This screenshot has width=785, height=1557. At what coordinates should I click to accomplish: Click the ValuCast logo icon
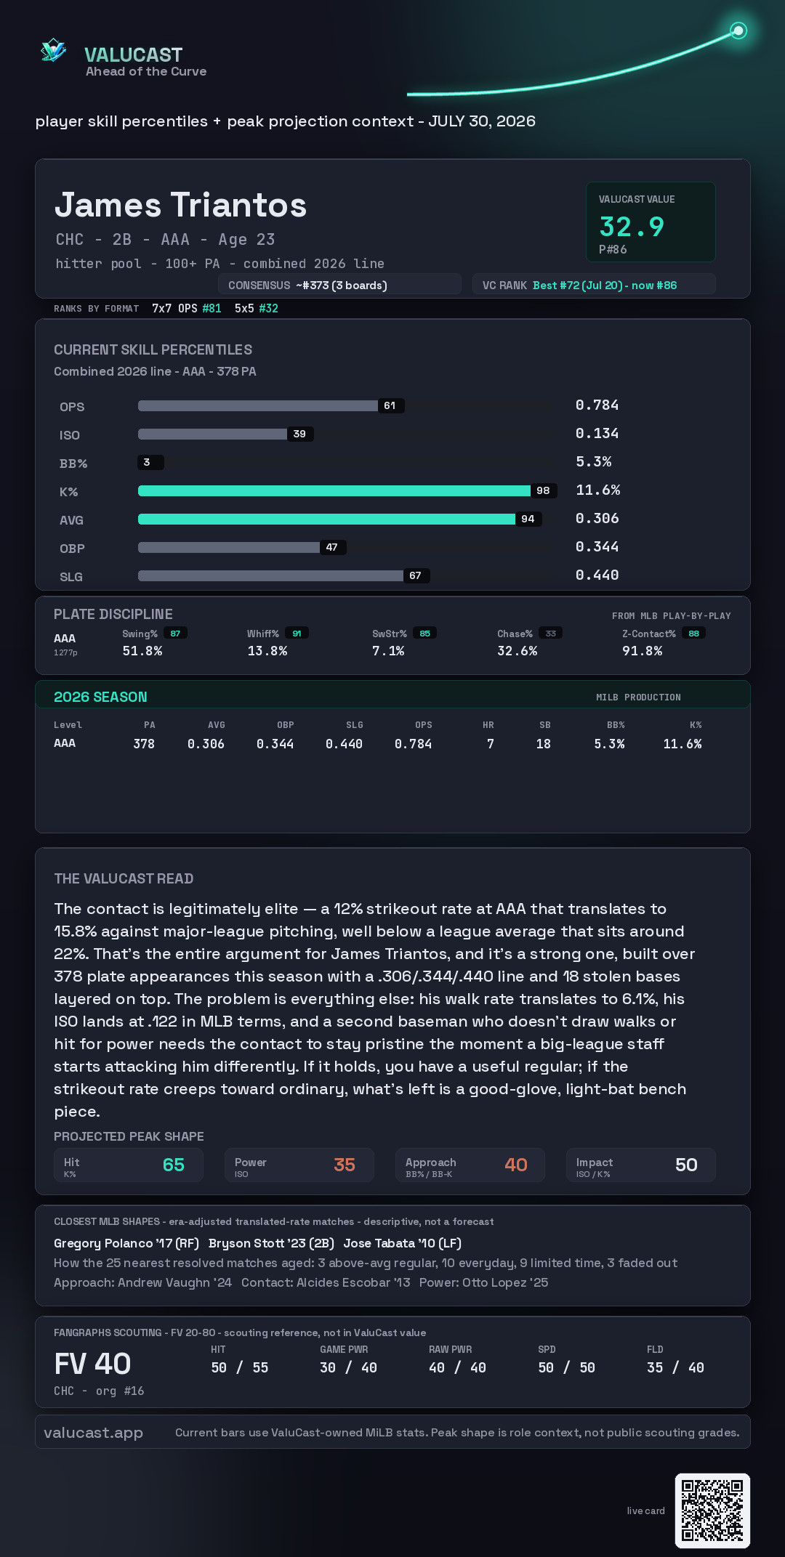(x=53, y=50)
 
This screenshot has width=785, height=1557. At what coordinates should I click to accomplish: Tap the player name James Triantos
(x=181, y=205)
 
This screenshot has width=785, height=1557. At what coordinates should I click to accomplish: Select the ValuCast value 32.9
(x=632, y=227)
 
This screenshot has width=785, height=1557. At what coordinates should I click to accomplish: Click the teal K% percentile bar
(x=334, y=490)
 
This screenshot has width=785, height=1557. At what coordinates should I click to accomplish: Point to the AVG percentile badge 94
(x=528, y=519)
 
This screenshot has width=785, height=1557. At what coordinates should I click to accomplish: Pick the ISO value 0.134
(x=597, y=434)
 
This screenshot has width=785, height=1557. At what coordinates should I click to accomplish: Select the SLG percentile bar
(x=271, y=575)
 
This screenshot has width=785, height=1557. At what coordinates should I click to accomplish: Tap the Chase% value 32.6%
(x=517, y=651)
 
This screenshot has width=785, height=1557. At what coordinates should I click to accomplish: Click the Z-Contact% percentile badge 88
(x=694, y=634)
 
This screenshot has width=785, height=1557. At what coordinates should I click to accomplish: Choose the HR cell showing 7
(x=491, y=744)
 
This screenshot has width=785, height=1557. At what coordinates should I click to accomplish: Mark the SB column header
(x=545, y=725)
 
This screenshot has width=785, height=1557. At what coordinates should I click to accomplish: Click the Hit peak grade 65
(x=174, y=1165)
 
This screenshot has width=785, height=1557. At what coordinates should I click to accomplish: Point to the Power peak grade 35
(x=345, y=1165)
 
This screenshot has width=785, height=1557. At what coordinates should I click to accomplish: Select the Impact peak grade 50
(x=686, y=1165)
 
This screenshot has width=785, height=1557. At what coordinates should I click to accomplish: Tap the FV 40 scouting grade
(x=92, y=1364)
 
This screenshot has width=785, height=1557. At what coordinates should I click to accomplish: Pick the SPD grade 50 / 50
(x=566, y=1367)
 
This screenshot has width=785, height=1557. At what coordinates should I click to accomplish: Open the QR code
(x=712, y=1511)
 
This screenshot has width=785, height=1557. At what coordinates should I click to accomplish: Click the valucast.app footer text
(x=93, y=1432)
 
